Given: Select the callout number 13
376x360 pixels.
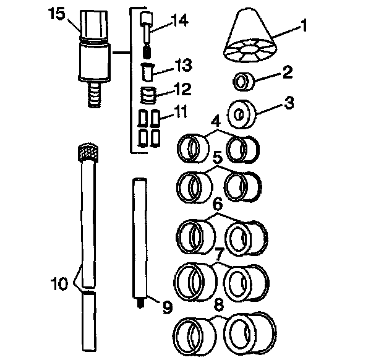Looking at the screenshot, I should tap(184, 65).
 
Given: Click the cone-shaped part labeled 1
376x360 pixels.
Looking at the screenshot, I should tap(250, 38).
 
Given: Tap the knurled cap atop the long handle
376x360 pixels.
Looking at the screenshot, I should tap(86, 152).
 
